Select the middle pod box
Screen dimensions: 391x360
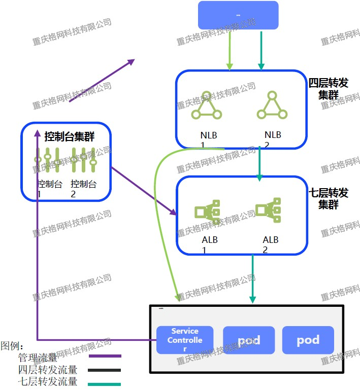tap(249, 340)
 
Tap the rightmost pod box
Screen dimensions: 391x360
tap(308, 340)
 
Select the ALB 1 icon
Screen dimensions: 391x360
tap(207, 211)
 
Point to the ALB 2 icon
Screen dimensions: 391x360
tap(268, 209)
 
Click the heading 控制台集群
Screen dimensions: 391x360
tap(69, 136)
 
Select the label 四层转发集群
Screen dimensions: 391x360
tap(329, 88)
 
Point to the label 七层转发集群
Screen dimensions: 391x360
tap(329, 198)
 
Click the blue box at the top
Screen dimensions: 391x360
tap(238, 15)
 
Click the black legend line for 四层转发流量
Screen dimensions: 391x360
tap(105, 370)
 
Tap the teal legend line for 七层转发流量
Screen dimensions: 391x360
tap(105, 383)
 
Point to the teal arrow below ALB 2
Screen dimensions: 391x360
tap(252, 279)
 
